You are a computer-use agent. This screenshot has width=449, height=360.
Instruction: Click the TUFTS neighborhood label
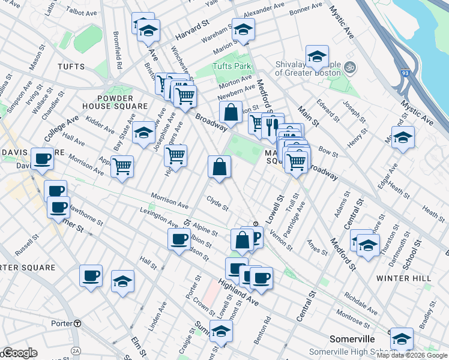[71, 66]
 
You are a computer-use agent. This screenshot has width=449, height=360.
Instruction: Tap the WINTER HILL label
[399, 278]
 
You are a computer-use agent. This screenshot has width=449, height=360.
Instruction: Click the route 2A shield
[76, 350]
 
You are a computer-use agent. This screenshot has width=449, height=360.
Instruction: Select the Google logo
[19, 353]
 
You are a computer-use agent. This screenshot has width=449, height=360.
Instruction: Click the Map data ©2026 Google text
[412, 355]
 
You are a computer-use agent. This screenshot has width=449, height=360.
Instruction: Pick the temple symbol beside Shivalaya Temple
[351, 67]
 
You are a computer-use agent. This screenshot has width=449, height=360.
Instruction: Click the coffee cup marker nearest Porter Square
[91, 276]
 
